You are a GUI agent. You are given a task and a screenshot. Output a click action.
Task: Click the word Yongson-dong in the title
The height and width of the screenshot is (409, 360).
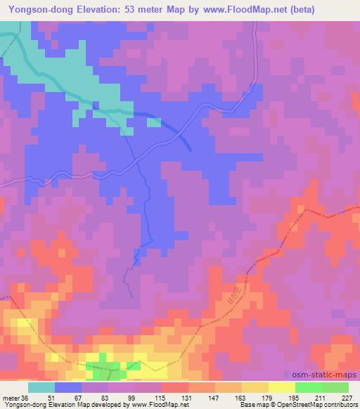pos(39,10)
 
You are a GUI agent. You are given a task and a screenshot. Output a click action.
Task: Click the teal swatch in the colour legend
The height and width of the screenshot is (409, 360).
pos(41,387)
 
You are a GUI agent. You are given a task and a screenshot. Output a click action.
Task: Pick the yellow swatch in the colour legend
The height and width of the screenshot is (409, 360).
pos(281,387)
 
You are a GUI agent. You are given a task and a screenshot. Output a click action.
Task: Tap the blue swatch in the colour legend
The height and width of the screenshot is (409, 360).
pos(68,387)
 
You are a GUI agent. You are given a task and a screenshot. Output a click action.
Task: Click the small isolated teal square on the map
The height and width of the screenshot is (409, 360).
pos(153,122)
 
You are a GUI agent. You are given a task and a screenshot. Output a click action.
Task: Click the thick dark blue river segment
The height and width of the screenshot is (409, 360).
pos(176,129)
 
